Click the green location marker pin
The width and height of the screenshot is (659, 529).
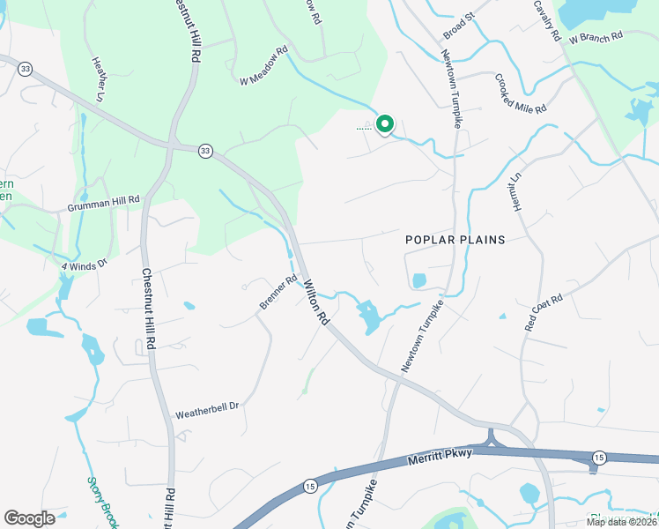[x=384, y=124]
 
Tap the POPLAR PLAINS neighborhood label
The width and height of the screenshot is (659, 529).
[x=455, y=240]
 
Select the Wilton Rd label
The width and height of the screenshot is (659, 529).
[x=316, y=302]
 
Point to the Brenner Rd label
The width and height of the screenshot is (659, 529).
[x=278, y=294]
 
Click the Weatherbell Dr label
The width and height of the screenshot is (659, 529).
[x=207, y=409]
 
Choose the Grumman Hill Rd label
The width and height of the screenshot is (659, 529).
[x=104, y=202]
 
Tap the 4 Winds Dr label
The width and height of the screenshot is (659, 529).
[x=84, y=264]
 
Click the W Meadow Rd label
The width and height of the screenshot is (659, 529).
[x=264, y=67]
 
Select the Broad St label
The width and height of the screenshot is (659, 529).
[x=459, y=27]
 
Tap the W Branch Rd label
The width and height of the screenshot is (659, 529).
[x=596, y=38]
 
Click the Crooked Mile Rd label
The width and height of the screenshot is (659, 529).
[x=521, y=93]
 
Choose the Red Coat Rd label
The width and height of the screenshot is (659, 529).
[x=544, y=312]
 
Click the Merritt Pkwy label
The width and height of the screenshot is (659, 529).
[x=441, y=454]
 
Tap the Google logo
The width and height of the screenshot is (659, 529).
[x=29, y=518]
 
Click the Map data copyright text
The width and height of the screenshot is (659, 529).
[x=622, y=522]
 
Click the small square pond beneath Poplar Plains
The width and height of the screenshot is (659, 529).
[x=418, y=281]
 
